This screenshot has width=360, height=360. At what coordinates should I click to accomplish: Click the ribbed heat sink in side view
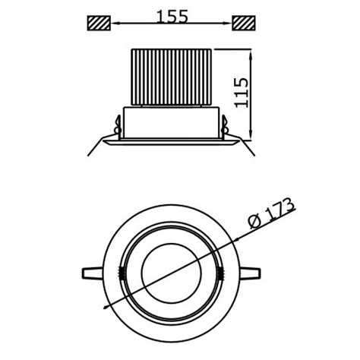(170, 77)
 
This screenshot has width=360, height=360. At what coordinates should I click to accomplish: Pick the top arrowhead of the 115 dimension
(250, 53)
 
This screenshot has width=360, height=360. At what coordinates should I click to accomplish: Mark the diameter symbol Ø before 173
(255, 221)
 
